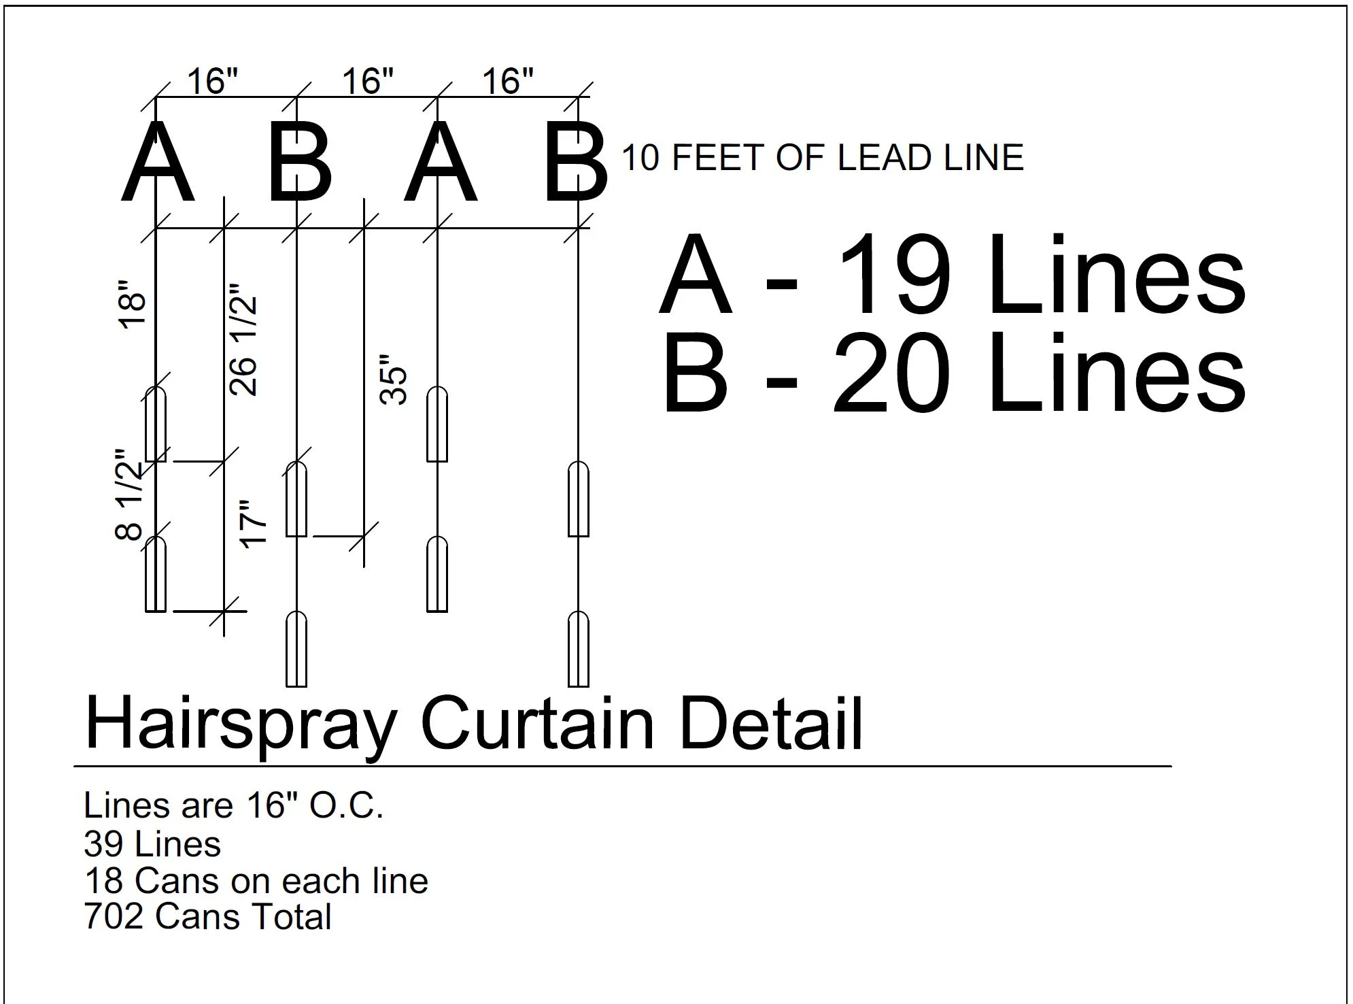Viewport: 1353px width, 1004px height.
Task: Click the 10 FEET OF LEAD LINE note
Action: click(822, 158)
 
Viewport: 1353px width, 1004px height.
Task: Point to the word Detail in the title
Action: click(771, 724)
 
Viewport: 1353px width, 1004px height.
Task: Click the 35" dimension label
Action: click(394, 379)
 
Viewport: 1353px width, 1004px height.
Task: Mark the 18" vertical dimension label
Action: click(133, 311)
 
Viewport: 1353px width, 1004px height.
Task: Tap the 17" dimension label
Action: click(254, 524)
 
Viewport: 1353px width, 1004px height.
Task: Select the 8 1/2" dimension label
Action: click(130, 494)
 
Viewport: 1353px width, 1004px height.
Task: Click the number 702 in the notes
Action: click(114, 916)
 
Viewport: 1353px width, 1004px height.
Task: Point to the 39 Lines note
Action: click(152, 844)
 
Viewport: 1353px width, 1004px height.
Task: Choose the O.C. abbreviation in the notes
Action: click(346, 806)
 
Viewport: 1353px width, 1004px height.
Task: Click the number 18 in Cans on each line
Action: click(103, 881)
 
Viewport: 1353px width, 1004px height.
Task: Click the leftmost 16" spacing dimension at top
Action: click(213, 82)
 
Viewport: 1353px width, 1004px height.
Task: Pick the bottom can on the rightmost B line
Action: click(578, 649)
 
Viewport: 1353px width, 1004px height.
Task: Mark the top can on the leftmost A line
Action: click(156, 424)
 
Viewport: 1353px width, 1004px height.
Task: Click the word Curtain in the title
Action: click(537, 724)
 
